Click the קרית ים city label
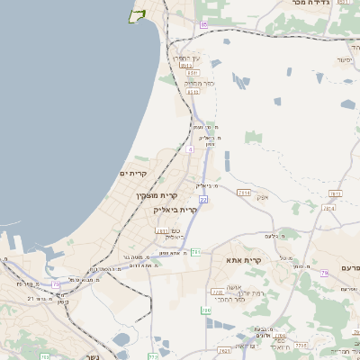click(x=133, y=172)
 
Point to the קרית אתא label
click(x=245, y=261)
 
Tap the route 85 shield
click(x=204, y=24)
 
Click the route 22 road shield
click(x=203, y=200)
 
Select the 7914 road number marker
click(x=243, y=192)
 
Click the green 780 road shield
click(x=206, y=311)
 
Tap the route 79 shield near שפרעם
click(x=355, y=268)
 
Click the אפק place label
click(x=262, y=196)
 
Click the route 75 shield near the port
click(x=56, y=284)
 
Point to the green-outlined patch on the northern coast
click(x=138, y=14)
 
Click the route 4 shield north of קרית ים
click(x=189, y=148)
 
